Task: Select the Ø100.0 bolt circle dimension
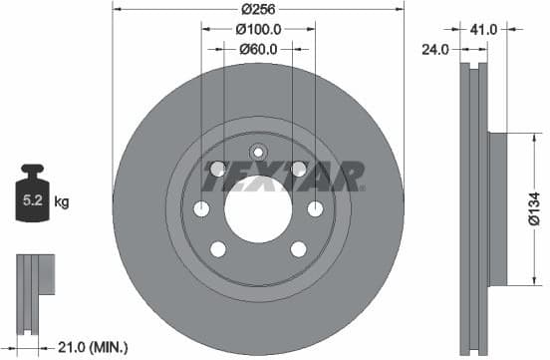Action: (257, 29)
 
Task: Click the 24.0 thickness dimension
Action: (434, 47)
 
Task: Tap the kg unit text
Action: (62, 202)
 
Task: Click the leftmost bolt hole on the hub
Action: (201, 208)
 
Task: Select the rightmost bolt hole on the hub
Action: (315, 208)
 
